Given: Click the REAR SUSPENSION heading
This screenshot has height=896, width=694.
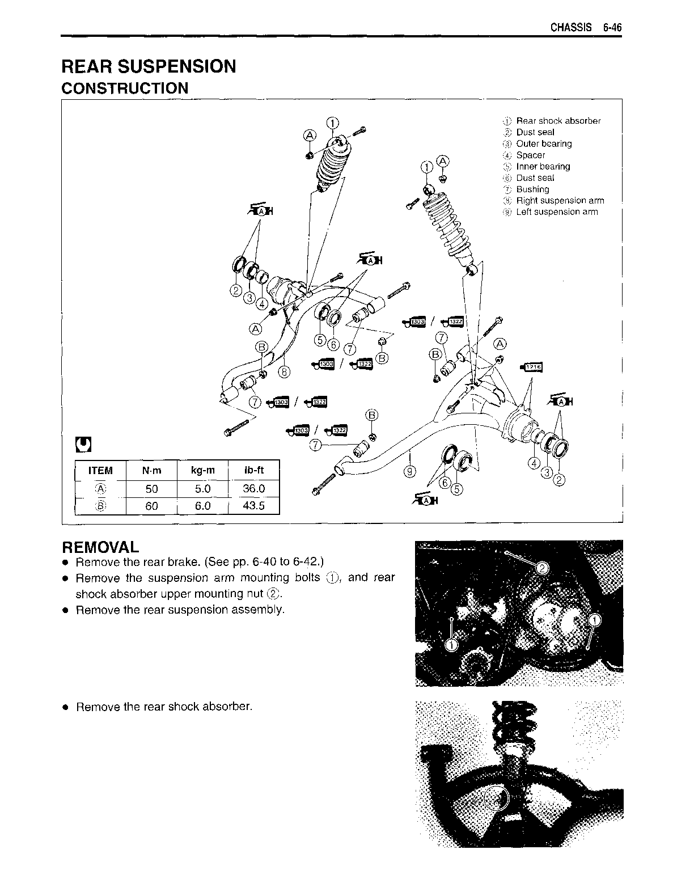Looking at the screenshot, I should click(149, 66).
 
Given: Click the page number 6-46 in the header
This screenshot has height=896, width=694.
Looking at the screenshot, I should click(612, 27).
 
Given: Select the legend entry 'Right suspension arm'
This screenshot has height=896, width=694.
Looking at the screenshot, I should click(560, 200).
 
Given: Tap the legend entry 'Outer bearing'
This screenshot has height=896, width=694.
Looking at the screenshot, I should click(544, 143).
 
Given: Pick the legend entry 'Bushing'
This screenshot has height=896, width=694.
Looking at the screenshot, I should click(532, 189).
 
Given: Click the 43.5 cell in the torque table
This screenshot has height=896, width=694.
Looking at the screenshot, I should click(253, 505).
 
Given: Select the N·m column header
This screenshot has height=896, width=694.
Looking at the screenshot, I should click(151, 470).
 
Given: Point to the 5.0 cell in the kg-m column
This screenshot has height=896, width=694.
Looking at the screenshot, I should click(202, 488).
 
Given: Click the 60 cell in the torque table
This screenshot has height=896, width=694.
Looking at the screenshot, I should click(151, 505).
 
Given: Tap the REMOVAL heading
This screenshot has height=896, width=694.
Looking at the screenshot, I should click(100, 547).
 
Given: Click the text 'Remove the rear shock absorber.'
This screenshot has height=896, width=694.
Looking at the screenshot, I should click(164, 707).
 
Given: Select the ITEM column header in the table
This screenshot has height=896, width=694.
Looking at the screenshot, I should click(100, 470).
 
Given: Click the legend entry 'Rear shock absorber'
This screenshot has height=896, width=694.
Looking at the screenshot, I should click(558, 121).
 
